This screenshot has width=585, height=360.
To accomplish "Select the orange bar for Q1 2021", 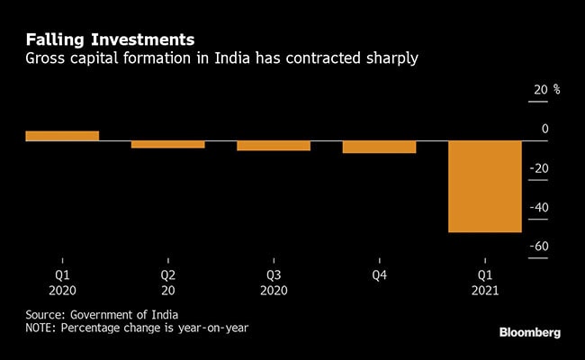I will [x=484, y=186].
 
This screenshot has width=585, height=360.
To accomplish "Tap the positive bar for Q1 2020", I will [x=62, y=136].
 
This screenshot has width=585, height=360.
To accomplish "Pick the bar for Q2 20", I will [x=167, y=144].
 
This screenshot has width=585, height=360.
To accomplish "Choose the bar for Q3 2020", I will [x=273, y=146].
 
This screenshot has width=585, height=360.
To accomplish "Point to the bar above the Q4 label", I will [x=379, y=147].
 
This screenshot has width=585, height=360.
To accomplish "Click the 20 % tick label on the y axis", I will [x=546, y=90].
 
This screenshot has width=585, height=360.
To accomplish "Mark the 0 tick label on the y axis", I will [x=544, y=130].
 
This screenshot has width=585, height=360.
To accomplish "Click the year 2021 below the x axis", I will [x=484, y=292].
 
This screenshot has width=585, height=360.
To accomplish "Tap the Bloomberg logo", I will [x=530, y=332].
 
